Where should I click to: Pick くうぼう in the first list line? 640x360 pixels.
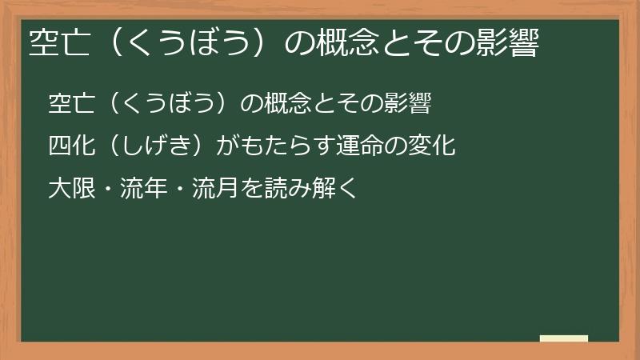[168, 104]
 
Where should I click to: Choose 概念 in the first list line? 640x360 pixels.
[288, 104]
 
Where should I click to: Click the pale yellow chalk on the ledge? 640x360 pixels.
[563, 339]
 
